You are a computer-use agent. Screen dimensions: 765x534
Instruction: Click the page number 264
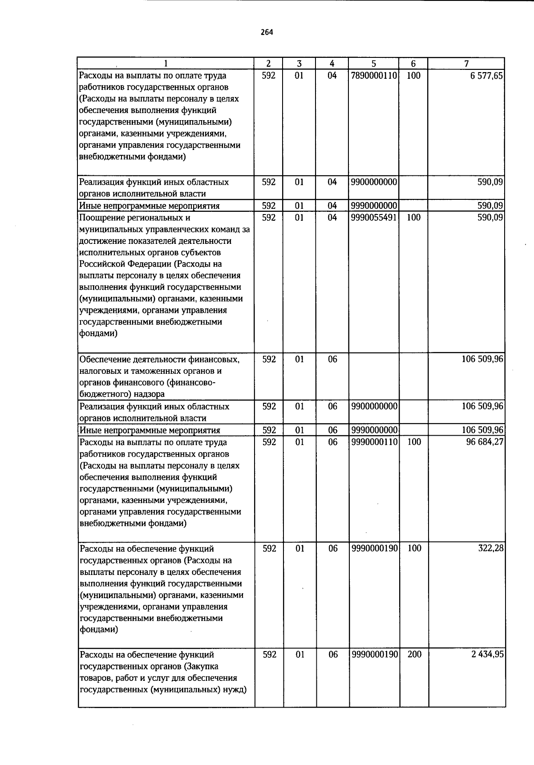267,32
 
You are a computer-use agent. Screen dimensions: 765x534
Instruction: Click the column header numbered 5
374,64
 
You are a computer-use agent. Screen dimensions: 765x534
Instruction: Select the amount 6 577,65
486,76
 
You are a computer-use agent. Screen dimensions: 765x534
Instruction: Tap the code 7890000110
374,76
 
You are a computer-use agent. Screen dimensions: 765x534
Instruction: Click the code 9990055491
374,218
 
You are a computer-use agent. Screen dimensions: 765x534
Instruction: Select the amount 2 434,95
488,655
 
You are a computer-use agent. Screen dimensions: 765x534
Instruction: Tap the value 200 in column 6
414,655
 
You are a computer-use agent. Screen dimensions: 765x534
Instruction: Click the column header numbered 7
466,64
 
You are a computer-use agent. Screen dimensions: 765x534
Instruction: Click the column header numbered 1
166,64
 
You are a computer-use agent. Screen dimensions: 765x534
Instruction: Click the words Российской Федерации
125,264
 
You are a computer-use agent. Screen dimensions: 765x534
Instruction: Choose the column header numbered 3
299,64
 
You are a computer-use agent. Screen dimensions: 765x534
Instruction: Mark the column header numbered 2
268,64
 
